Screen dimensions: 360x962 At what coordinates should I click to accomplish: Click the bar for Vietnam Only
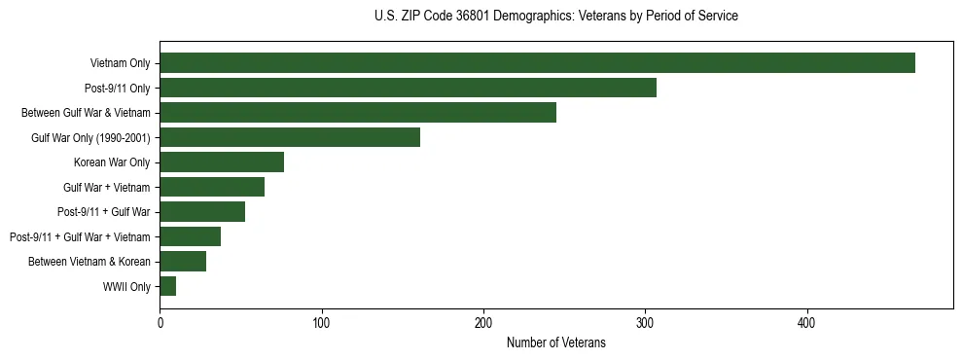(x=537, y=63)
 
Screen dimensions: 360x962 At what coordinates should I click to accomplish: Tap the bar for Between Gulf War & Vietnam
(x=358, y=113)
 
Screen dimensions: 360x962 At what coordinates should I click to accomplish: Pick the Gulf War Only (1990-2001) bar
(x=290, y=137)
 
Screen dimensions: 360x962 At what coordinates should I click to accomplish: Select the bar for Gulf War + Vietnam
(x=212, y=187)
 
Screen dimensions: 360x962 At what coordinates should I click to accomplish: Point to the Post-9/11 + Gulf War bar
(x=202, y=212)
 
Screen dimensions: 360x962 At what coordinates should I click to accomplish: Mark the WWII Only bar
(x=167, y=286)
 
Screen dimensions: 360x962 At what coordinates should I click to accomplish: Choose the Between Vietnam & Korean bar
(x=183, y=262)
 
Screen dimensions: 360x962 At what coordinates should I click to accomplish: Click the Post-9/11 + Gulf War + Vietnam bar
(x=190, y=236)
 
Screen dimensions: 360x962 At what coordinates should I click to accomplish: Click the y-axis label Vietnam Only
(x=120, y=63)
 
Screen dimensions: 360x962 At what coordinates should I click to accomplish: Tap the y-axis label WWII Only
(x=126, y=286)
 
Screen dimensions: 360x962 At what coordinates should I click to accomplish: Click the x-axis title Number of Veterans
(x=555, y=342)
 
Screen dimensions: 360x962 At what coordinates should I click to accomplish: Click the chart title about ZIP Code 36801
(x=555, y=17)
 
